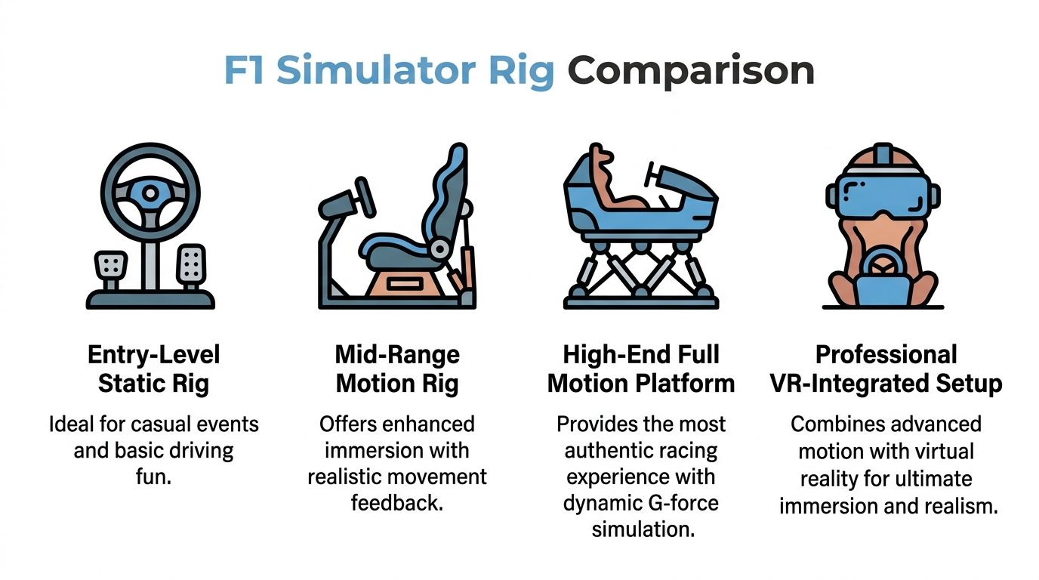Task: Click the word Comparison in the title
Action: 691,71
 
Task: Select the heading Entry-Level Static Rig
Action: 153,369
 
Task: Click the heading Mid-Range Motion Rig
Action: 397,369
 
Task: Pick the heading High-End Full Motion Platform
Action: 641,369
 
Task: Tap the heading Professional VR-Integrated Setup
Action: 886,369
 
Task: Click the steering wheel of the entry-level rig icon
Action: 151,193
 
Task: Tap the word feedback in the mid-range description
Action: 396,502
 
